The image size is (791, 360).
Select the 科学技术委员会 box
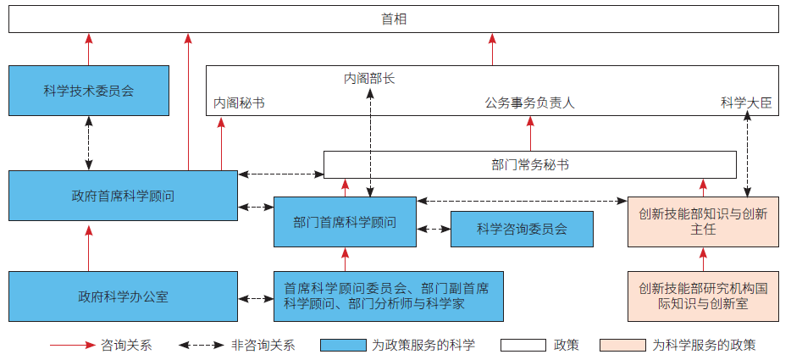pyautogui.click(x=88, y=90)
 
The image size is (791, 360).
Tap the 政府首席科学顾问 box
pyautogui.click(x=123, y=196)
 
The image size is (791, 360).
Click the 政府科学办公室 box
pyautogui.click(x=123, y=296)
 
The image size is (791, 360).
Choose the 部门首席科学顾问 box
pyautogui.click(x=345, y=222)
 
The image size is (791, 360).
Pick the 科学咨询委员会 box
pyautogui.click(x=521, y=229)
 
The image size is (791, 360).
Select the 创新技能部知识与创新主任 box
pyautogui.click(x=702, y=222)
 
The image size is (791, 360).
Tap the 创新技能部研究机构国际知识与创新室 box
pyautogui.click(x=702, y=296)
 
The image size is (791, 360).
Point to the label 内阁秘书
pyautogui.click(x=238, y=103)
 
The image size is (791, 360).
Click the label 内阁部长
pyautogui.click(x=369, y=78)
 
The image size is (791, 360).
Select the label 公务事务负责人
pyautogui.click(x=529, y=103)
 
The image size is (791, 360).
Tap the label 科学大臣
pyautogui.click(x=746, y=103)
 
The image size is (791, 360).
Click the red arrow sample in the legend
pyautogui.click(x=72, y=345)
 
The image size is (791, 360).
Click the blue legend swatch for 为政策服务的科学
pyautogui.click(x=343, y=345)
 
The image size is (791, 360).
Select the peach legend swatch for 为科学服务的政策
pyautogui.click(x=622, y=345)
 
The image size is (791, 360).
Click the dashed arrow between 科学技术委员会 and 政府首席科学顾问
pyautogui.click(x=88, y=142)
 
